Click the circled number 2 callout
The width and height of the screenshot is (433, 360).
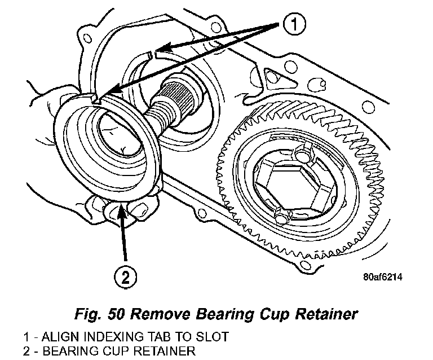click(125, 276)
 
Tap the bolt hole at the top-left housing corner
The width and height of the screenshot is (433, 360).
click(87, 39)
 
